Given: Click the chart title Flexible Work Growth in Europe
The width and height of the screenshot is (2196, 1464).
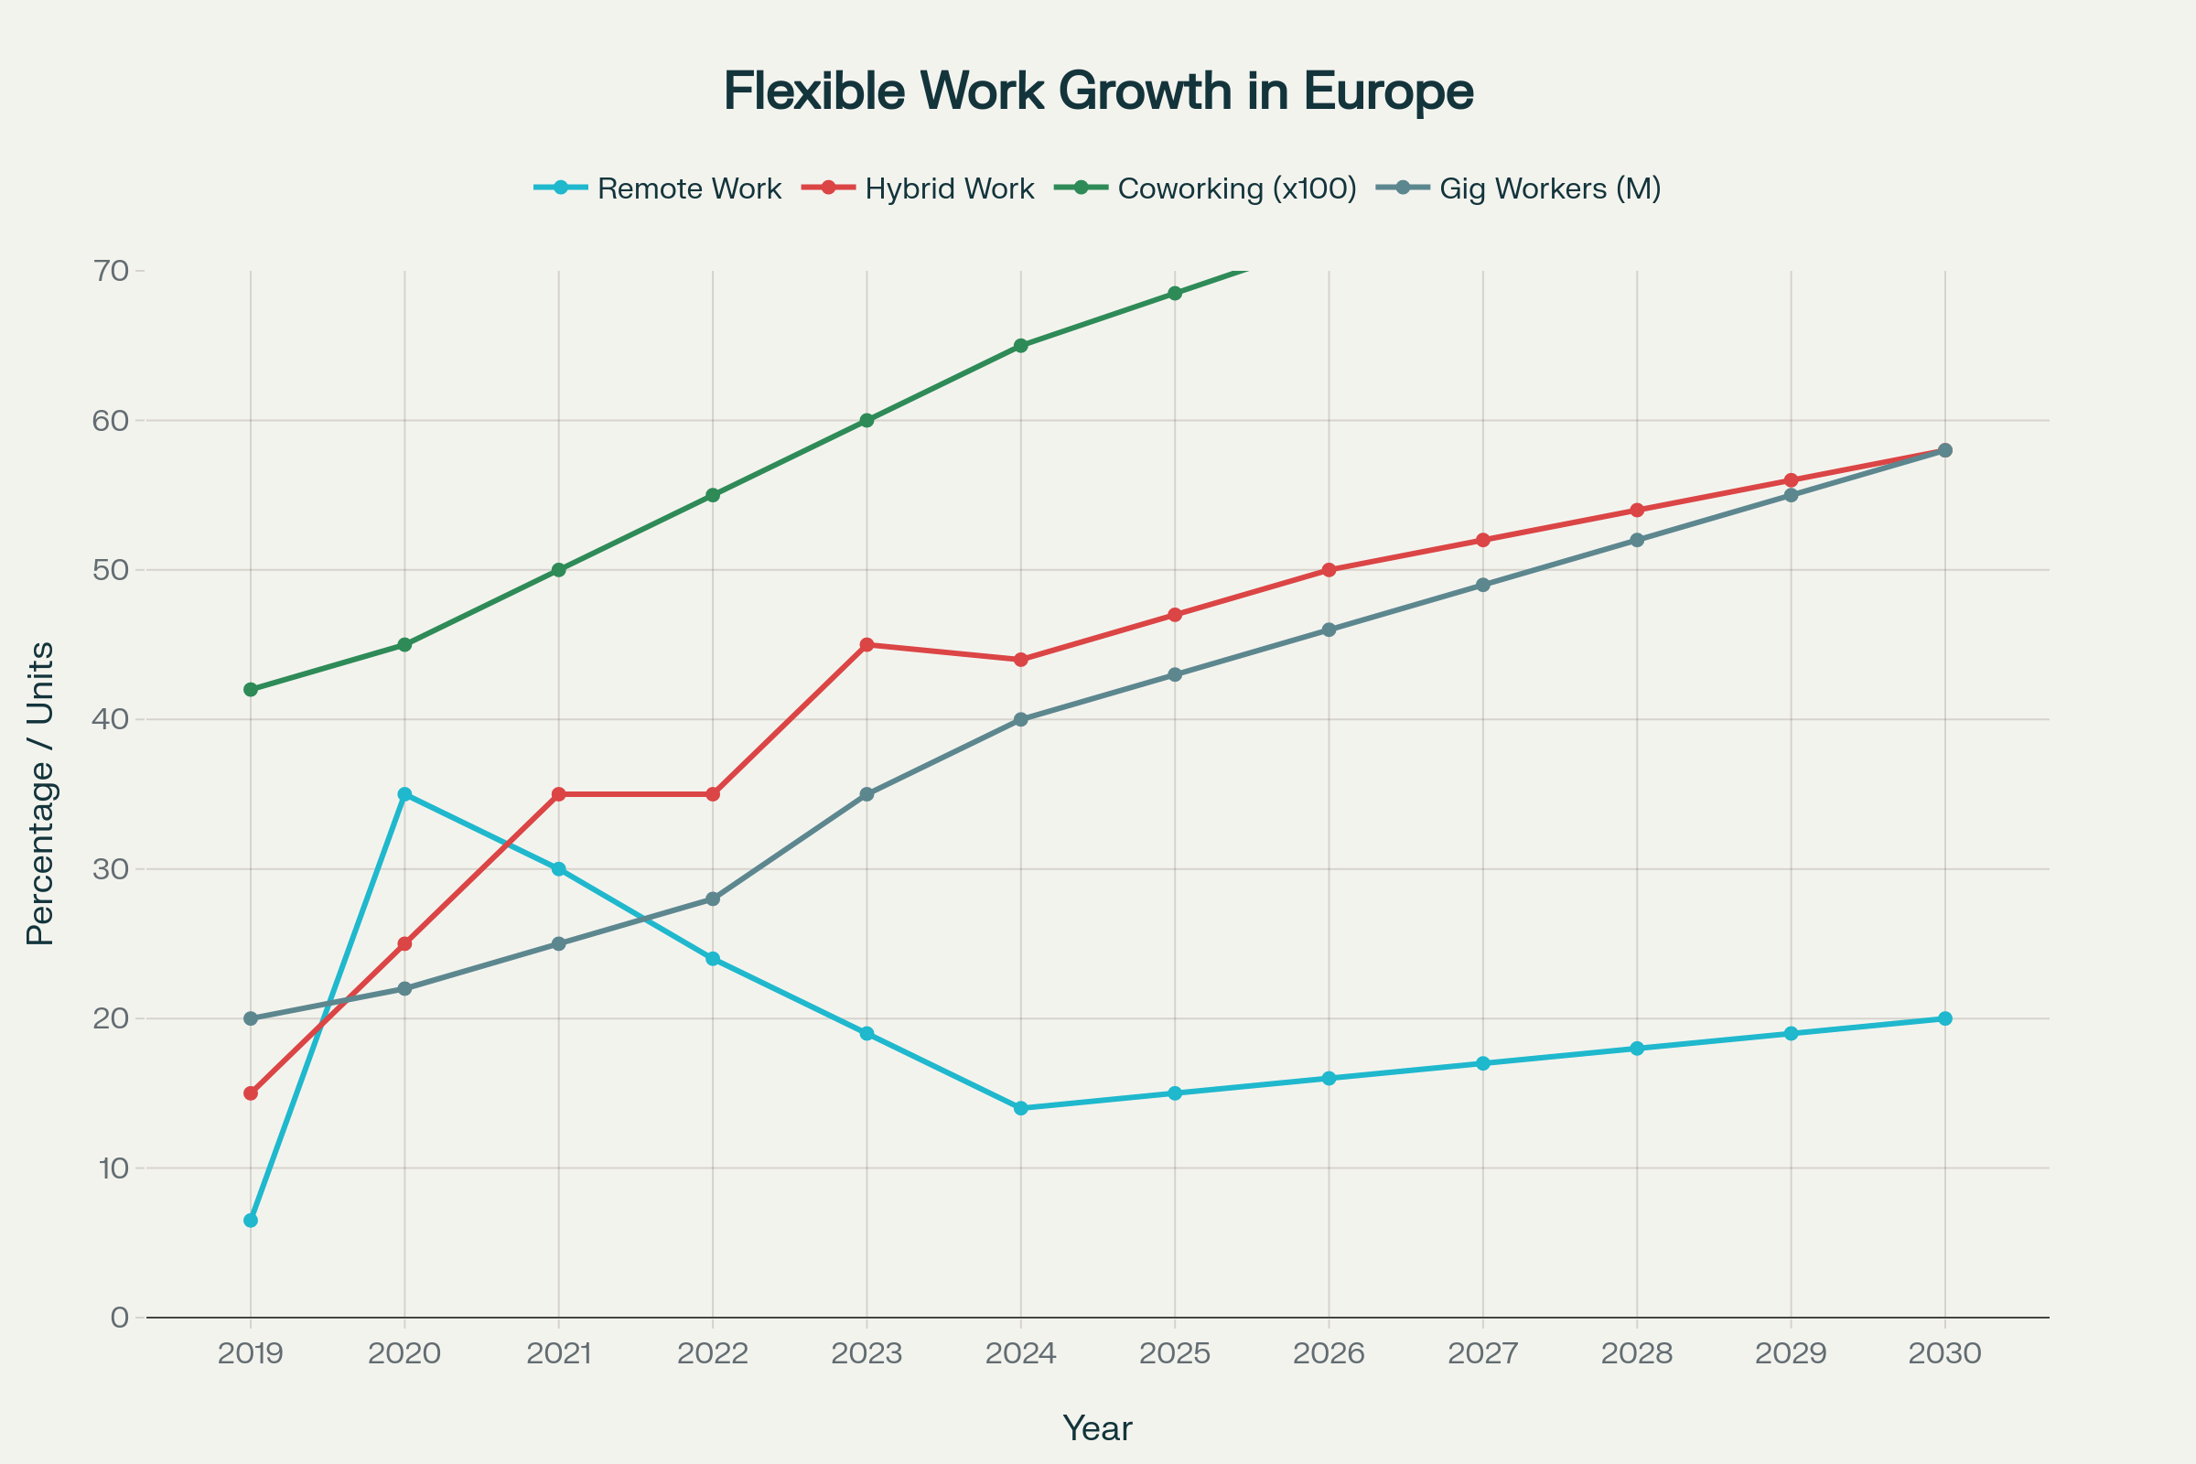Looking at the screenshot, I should [x=1098, y=91].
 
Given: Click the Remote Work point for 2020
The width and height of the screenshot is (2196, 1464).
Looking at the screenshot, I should [x=404, y=794].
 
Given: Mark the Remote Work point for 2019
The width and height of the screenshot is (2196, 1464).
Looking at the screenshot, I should [x=250, y=1221].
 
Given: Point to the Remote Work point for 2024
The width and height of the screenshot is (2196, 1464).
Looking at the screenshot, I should [x=1020, y=1108].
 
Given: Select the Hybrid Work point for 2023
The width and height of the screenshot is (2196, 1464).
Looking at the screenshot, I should [x=867, y=644].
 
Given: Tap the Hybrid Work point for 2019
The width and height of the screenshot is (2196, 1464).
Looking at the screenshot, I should [x=250, y=1093].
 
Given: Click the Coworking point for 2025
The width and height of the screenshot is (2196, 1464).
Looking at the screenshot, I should [x=1175, y=293].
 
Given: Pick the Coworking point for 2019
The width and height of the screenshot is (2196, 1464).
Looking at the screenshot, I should [x=250, y=689].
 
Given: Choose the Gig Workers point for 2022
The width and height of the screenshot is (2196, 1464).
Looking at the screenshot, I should [x=713, y=899].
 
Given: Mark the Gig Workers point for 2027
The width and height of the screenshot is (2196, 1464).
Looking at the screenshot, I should [x=1482, y=586].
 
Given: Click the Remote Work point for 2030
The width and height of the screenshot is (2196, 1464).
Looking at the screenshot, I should [x=1945, y=1018].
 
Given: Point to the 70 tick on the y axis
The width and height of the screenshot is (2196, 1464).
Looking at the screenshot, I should [x=111, y=271].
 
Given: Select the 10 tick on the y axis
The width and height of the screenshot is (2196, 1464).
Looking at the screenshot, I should [x=111, y=1168].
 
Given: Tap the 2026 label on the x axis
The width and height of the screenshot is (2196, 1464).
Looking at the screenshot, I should [x=1329, y=1354].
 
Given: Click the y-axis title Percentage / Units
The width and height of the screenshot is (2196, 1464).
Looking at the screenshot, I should [x=40, y=793].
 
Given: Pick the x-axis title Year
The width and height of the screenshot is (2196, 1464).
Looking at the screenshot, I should [x=1097, y=1428].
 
